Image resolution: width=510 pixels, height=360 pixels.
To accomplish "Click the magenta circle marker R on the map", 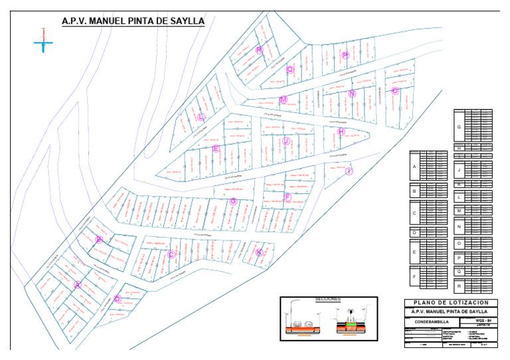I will click(259, 50).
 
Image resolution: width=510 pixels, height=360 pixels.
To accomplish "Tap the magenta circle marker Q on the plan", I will click(290, 68).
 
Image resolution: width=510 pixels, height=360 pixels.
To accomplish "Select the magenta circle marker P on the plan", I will click(345, 56).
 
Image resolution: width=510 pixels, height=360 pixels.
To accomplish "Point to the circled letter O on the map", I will click(394, 91).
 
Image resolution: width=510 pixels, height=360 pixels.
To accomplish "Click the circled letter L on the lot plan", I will click(201, 117).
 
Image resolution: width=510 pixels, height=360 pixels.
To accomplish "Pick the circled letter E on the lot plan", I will click(215, 149).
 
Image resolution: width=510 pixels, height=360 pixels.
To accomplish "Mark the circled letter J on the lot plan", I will click(286, 141).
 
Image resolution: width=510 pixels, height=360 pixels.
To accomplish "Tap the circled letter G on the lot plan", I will click(232, 201).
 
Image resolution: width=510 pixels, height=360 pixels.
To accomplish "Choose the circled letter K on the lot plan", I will click(259, 252).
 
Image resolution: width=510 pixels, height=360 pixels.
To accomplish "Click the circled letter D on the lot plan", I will click(118, 298).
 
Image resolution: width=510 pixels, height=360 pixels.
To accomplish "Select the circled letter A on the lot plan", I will click(78, 284).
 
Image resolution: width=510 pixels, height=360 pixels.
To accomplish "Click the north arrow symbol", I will click(43, 41).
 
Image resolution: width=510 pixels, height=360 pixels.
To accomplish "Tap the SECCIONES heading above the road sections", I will click(328, 300).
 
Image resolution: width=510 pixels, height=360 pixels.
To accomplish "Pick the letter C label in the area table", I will click(414, 214).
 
